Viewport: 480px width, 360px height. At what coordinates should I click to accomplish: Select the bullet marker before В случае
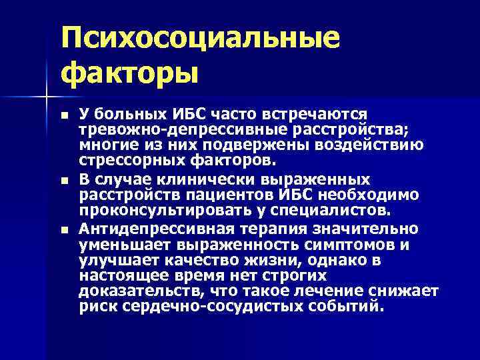tap(63, 181)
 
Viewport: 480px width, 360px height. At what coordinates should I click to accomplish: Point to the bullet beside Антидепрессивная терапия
tap(63, 230)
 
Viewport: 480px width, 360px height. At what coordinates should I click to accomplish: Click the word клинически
tap(193, 181)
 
